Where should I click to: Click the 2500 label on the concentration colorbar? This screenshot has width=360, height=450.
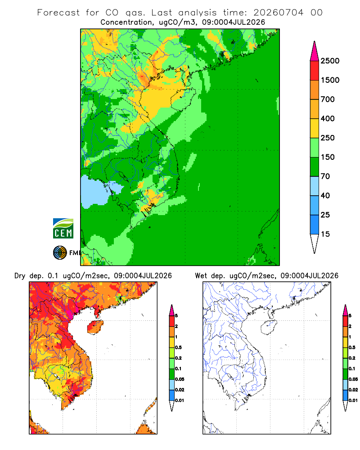click(x=330, y=61)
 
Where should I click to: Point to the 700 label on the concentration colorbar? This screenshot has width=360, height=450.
click(x=328, y=99)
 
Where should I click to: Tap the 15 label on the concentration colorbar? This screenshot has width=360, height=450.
click(x=325, y=234)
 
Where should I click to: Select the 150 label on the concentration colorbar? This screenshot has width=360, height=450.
click(x=328, y=157)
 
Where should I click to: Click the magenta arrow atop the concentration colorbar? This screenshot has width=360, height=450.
click(x=315, y=52)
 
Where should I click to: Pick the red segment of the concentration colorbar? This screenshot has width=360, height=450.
click(x=315, y=71)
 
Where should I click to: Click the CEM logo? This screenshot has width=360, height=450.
click(x=63, y=229)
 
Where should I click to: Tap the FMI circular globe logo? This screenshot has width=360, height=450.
click(x=60, y=253)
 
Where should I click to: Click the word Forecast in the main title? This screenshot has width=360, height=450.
click(x=58, y=13)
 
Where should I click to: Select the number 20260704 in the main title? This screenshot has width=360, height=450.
click(x=278, y=13)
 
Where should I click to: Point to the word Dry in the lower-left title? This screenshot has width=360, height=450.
click(x=20, y=276)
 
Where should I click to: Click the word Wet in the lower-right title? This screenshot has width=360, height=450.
click(x=201, y=276)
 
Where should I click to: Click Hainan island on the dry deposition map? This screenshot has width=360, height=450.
click(x=95, y=327)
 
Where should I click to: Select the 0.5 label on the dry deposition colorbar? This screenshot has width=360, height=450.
click(x=178, y=347)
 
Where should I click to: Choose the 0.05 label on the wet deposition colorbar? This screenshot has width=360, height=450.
click(x=353, y=379)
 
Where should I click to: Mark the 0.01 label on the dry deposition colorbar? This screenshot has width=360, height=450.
click(x=180, y=400)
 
